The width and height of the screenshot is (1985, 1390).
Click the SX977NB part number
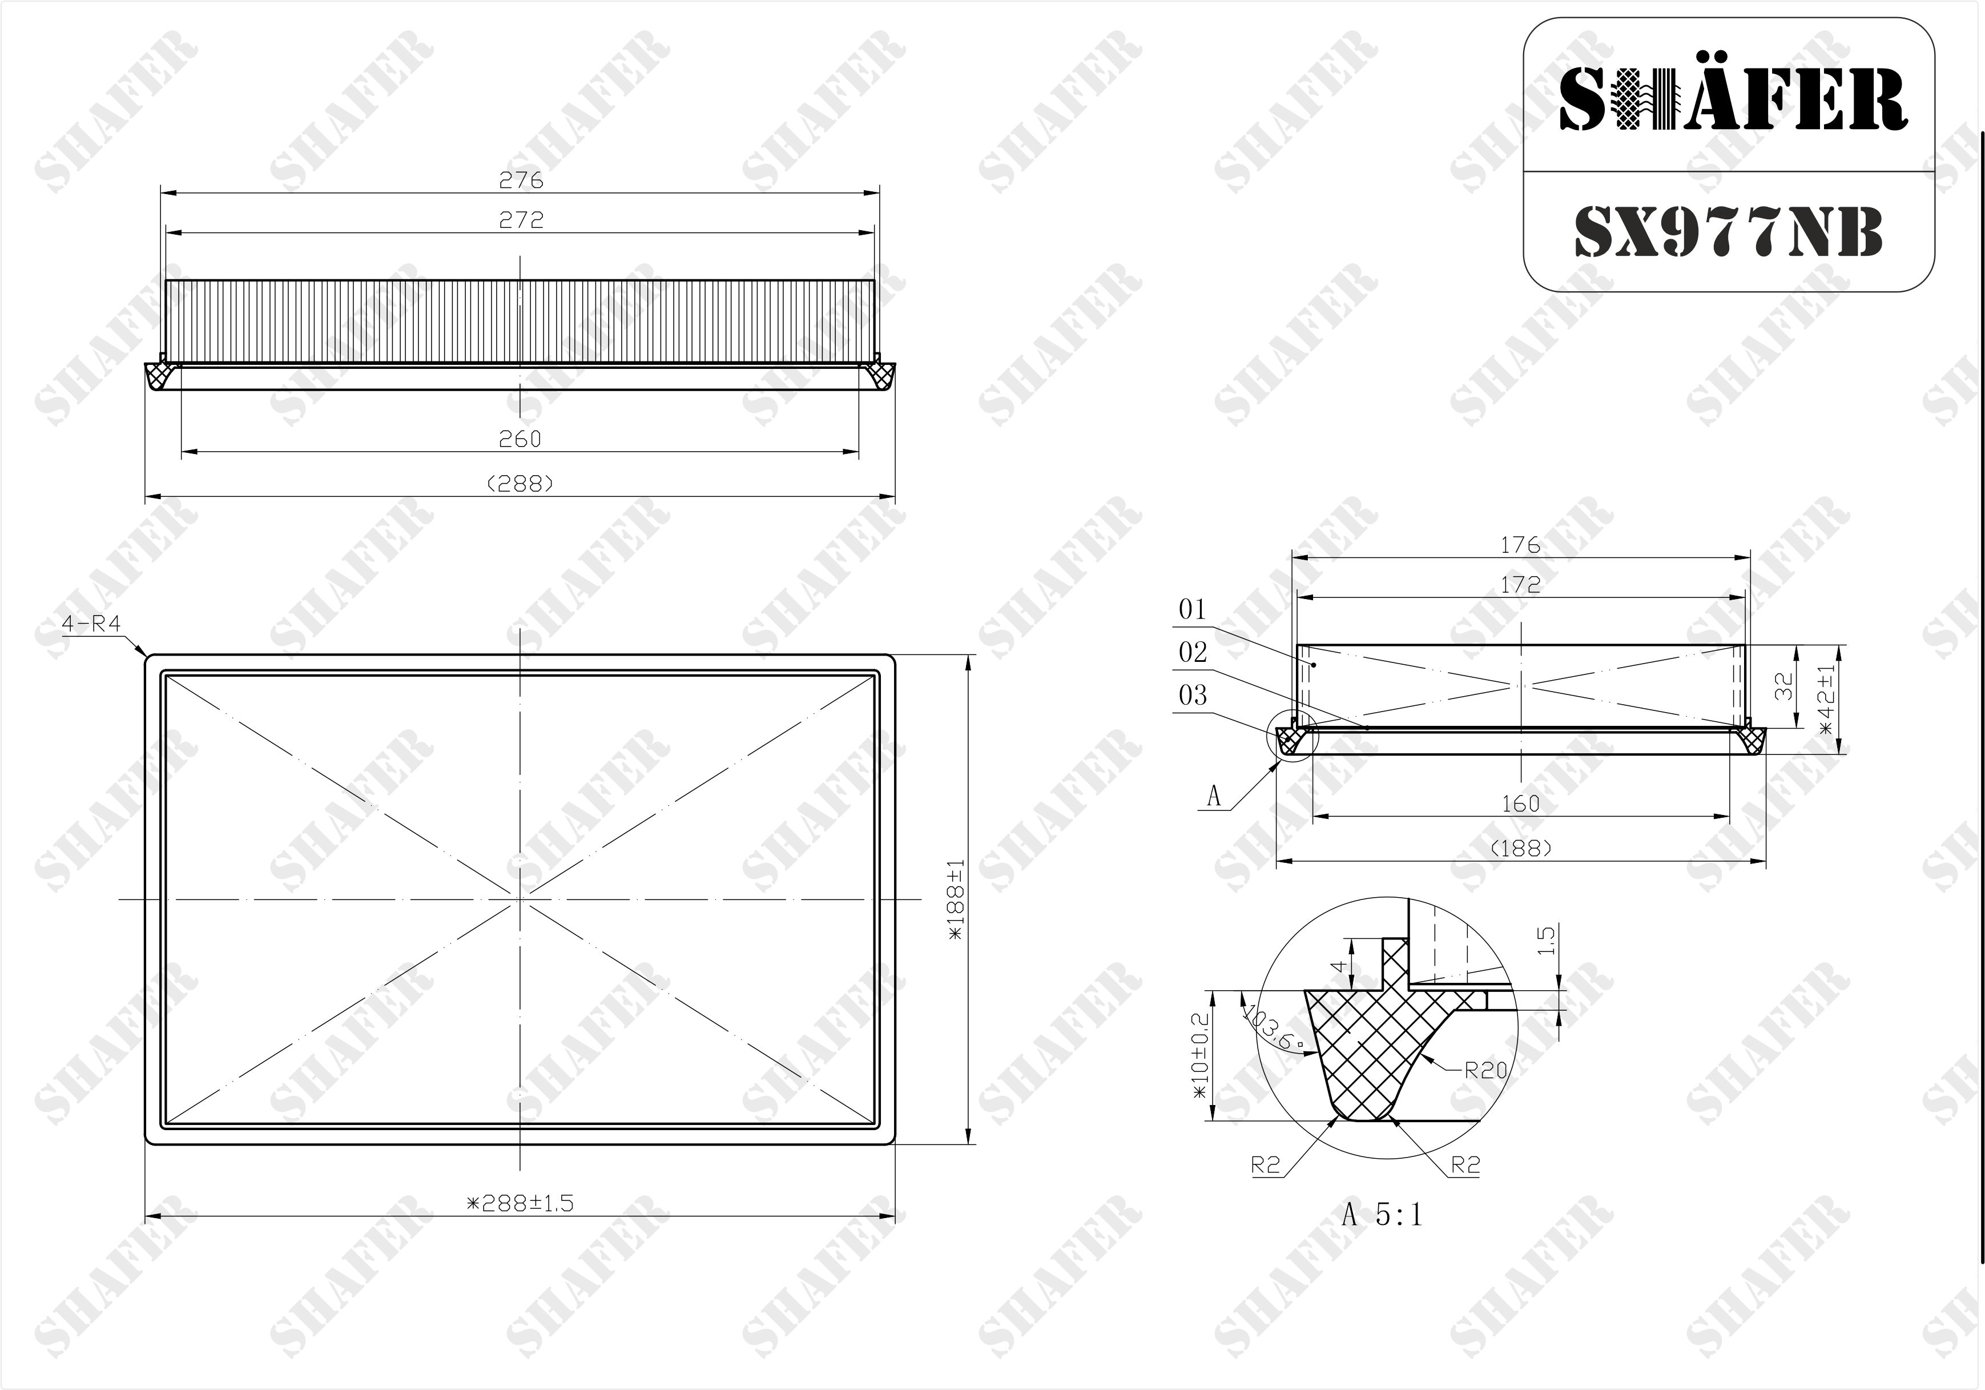(x=1728, y=232)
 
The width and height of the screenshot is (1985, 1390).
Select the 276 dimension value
(x=521, y=180)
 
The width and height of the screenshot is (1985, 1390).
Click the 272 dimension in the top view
(x=521, y=220)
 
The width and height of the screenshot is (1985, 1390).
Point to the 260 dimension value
(x=520, y=439)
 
